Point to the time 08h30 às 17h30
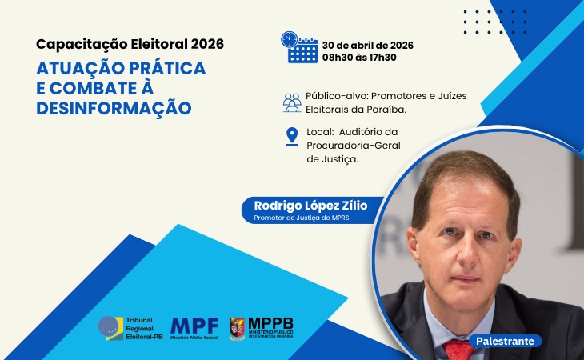pos(358,58)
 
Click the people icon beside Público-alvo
pos(292,102)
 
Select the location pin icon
pos(292,136)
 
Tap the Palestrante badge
pos(505,341)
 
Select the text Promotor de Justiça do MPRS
pos(302,218)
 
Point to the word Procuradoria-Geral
pos(354,145)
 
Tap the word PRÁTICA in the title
pos(169,68)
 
